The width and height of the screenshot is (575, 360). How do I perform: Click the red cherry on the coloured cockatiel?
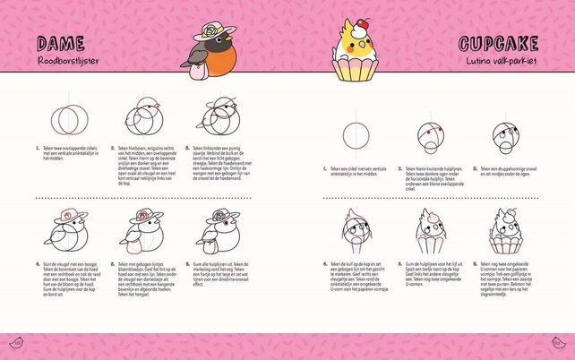tap(360, 21)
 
